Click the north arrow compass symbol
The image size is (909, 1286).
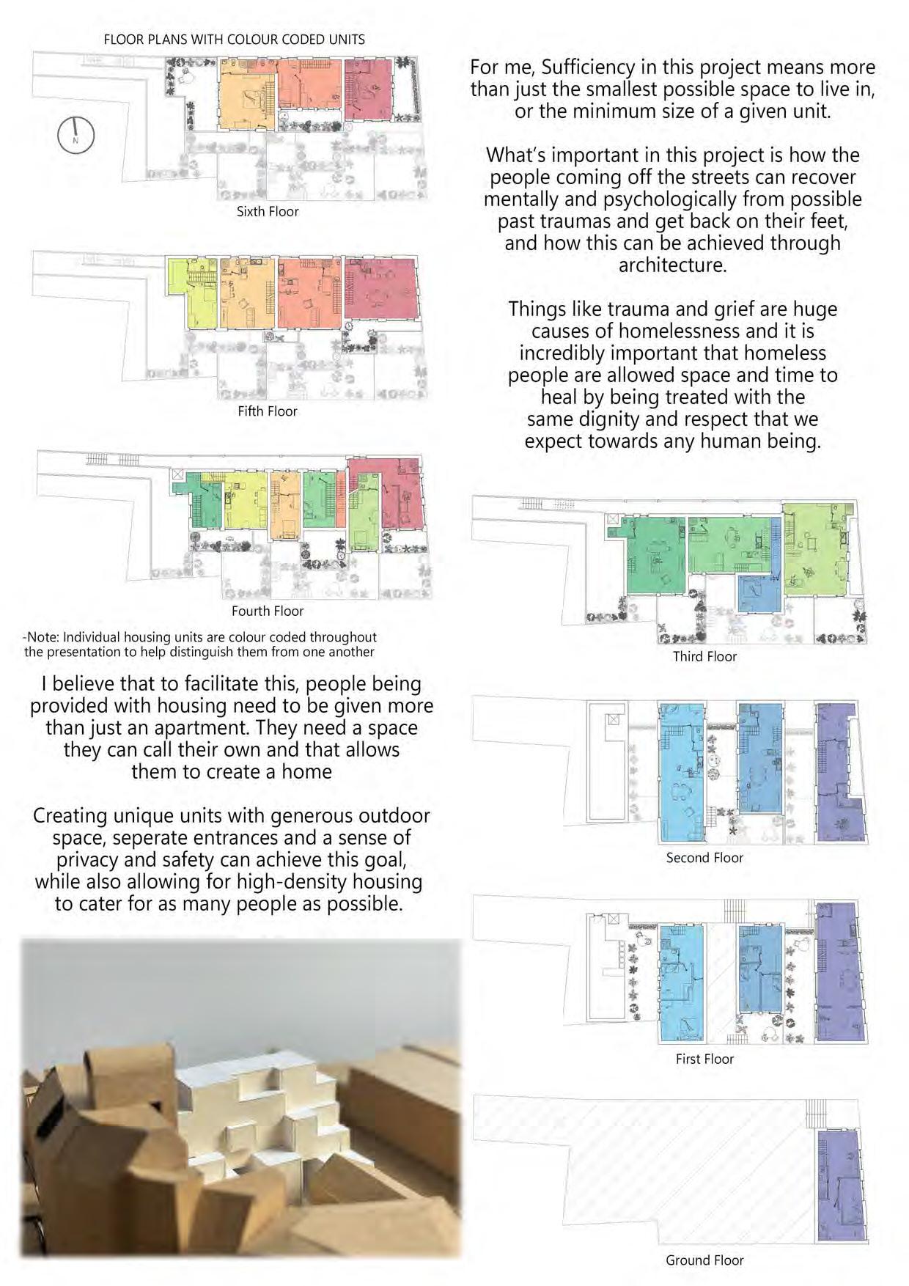(x=76, y=135)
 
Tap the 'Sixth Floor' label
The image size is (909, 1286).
(x=268, y=212)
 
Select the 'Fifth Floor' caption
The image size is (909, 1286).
(x=268, y=411)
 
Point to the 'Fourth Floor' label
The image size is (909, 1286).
(x=268, y=611)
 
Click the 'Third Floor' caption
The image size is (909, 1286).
(x=704, y=656)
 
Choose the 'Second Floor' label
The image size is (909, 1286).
(x=704, y=858)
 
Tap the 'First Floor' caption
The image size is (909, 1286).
(x=704, y=1059)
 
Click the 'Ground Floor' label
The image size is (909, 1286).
(x=704, y=1260)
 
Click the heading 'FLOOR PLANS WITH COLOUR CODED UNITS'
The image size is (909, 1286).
(x=235, y=40)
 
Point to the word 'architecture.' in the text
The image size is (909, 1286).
(x=672, y=265)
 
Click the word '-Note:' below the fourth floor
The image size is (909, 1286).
(x=41, y=637)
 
